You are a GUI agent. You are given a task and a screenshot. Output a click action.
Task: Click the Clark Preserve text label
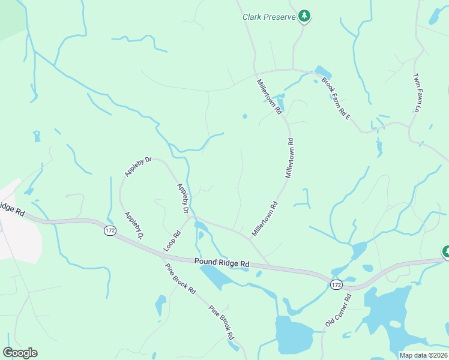click(269, 17)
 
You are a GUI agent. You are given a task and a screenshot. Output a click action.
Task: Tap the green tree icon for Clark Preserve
click(305, 16)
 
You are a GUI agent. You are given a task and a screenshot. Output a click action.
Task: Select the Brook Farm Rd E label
click(336, 98)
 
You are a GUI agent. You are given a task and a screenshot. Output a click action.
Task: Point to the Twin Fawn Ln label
click(415, 93)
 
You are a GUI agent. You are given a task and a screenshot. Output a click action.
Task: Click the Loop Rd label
click(172, 242)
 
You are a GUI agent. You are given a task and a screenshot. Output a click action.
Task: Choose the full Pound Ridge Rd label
click(221, 263)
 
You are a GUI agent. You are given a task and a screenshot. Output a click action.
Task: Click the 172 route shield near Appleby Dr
click(109, 230)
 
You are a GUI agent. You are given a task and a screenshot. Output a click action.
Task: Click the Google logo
click(20, 353)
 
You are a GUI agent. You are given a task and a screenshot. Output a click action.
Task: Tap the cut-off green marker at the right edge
click(446, 252)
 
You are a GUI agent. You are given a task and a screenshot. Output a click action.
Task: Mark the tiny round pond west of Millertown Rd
click(244, 116)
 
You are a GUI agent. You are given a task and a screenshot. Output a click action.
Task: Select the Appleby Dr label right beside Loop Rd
click(183, 199)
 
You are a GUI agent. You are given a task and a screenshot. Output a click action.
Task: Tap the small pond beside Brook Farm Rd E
click(322, 72)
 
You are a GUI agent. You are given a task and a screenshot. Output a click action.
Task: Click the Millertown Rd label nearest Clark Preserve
click(270, 97)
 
